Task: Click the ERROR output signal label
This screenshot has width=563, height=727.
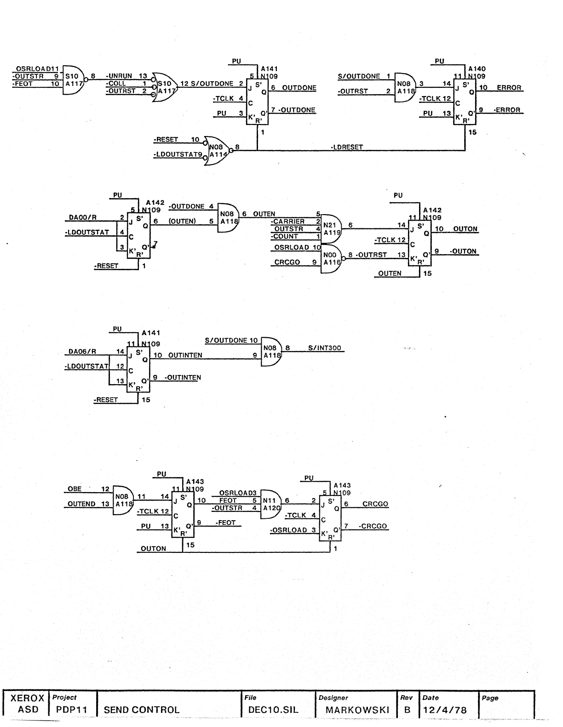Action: point(509,88)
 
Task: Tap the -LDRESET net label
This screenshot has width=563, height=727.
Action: point(347,147)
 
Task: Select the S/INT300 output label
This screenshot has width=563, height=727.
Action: point(325,348)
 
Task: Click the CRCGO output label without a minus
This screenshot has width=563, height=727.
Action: point(375,504)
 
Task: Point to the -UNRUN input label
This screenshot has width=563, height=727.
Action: point(119,76)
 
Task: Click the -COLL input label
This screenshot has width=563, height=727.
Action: point(117,83)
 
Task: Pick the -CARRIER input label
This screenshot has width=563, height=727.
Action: point(288,222)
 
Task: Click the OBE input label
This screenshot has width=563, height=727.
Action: point(75,489)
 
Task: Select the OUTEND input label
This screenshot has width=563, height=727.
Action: point(81,504)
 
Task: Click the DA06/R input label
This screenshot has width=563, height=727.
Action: point(82,352)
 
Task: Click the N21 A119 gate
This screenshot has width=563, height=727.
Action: point(330,229)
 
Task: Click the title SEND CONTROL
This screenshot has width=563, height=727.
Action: point(142,710)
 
